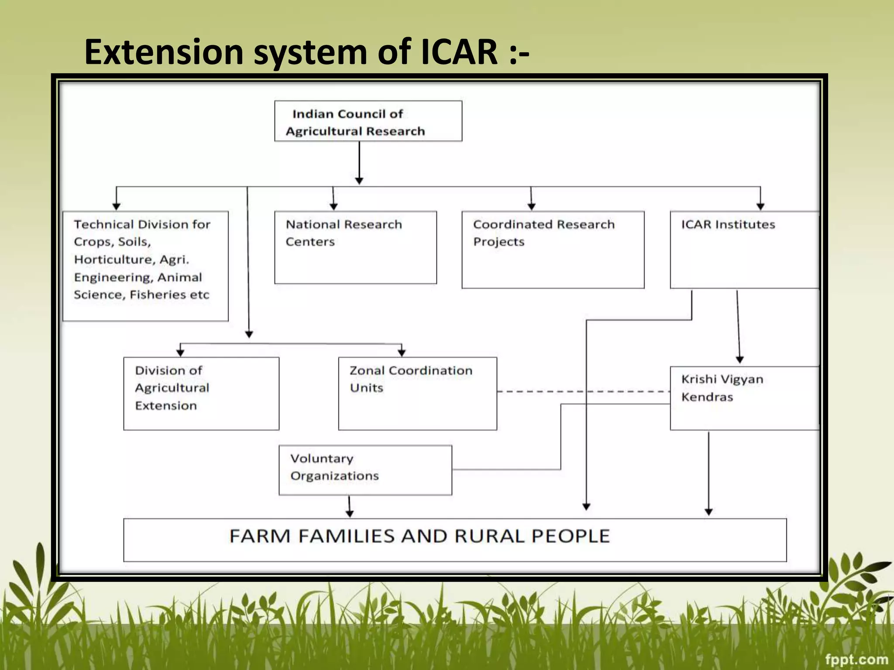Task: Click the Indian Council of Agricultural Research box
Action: coord(368,121)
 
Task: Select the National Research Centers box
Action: coord(355,247)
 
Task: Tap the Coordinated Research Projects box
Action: coord(553,250)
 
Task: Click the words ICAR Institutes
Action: coord(728,225)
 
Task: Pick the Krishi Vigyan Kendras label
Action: coord(722,388)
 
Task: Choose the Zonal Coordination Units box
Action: coord(417,393)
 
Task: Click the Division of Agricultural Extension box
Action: coord(201,393)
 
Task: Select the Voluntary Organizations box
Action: coord(365,470)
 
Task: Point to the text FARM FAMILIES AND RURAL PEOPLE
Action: coord(419,536)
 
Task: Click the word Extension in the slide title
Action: coord(164,52)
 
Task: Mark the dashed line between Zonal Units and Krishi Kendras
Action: coord(583,391)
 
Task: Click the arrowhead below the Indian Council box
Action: coord(359,181)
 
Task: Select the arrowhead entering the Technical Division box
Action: coord(116,206)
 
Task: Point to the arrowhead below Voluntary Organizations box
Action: coord(350,513)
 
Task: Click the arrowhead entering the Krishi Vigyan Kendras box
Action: coord(740,360)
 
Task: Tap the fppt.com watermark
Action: coord(856,659)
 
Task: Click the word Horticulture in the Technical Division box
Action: coord(113,260)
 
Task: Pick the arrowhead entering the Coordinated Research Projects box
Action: coord(531,206)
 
